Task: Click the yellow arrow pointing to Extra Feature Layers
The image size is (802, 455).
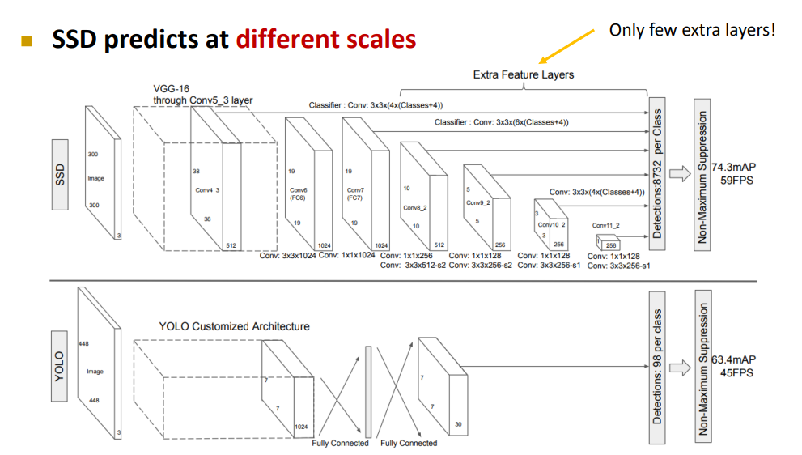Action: pyautogui.click(x=566, y=48)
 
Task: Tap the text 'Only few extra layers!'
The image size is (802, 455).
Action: pyautogui.click(x=692, y=30)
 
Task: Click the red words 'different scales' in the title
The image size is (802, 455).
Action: pyautogui.click(x=326, y=38)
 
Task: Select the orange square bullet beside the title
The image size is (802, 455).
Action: pyautogui.click(x=29, y=39)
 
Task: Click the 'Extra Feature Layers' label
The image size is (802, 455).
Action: pyautogui.click(x=523, y=74)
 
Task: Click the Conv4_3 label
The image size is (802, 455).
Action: pyautogui.click(x=206, y=191)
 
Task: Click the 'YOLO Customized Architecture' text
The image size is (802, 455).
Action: pyautogui.click(x=234, y=326)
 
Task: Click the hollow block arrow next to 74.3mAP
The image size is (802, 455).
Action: pyautogui.click(x=678, y=172)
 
